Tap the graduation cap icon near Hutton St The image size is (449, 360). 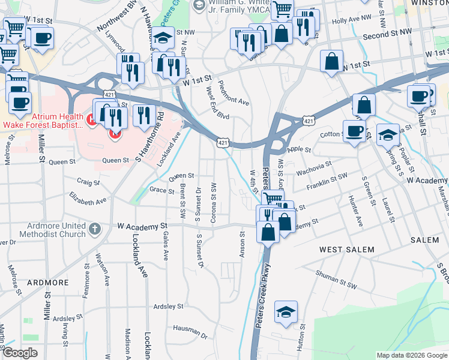pos(286,311)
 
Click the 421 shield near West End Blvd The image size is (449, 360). pos(223,142)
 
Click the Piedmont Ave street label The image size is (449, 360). pos(234,94)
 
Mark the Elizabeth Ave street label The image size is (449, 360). pos(88,199)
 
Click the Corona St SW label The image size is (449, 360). pos(214,204)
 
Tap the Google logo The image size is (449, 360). pos(20,353)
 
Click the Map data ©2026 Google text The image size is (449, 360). pos(411,355)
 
